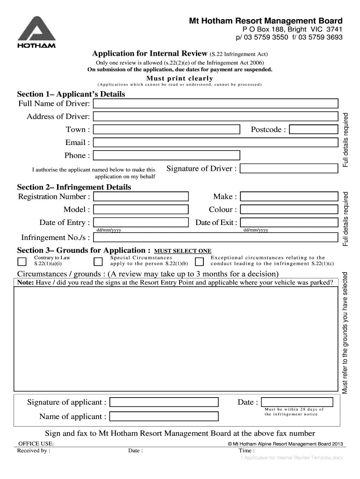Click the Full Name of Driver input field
[x=216, y=103]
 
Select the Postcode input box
[x=313, y=130]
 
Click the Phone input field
[x=166, y=155]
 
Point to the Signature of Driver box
[x=289, y=169]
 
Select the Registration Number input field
[x=141, y=196]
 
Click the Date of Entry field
[x=141, y=223]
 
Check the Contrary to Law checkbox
[x=22, y=261]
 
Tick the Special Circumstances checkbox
[x=98, y=261]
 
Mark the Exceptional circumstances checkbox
[x=199, y=261]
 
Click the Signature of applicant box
[x=164, y=402]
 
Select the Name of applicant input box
[x=164, y=416]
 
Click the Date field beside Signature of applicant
[x=297, y=402]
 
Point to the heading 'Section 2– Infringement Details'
[x=74, y=187]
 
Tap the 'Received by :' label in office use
[x=34, y=451]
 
